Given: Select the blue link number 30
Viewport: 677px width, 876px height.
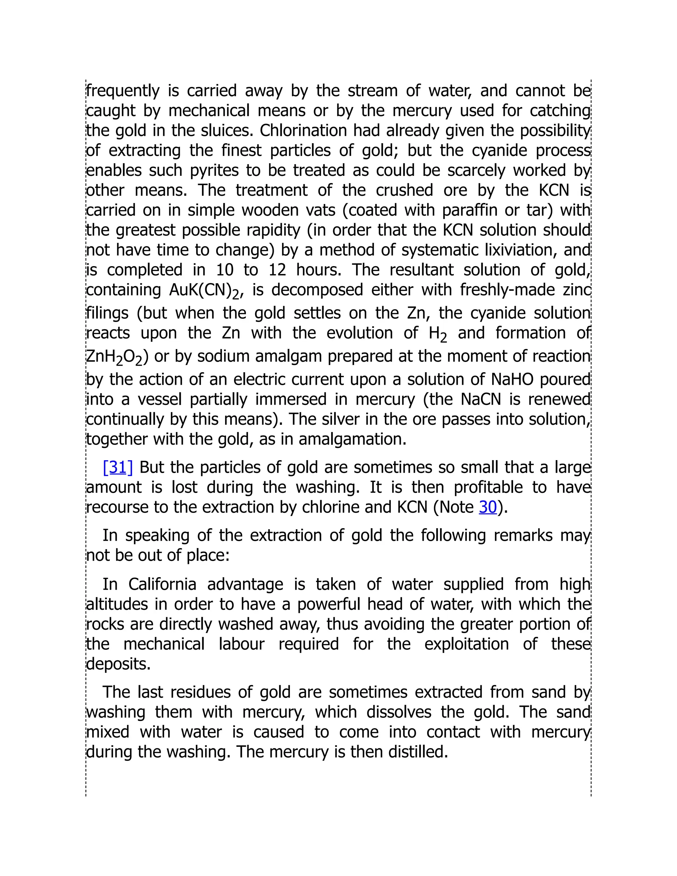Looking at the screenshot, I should [x=488, y=507].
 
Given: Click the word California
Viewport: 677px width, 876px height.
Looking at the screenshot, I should [x=162, y=584].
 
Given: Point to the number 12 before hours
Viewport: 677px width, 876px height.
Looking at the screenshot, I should [x=277, y=270].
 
